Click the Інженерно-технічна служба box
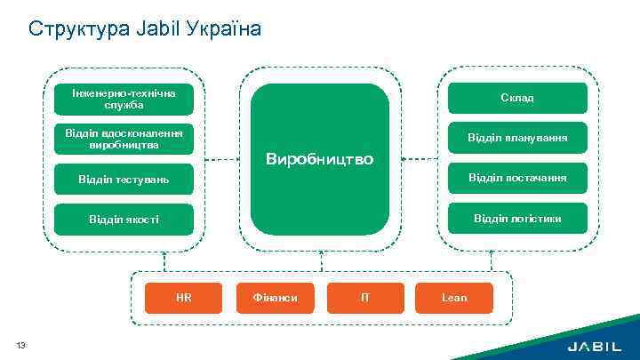click(x=124, y=99)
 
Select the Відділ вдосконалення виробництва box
click(x=124, y=138)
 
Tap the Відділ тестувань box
click(x=124, y=180)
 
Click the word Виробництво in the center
click(x=320, y=160)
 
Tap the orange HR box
click(x=184, y=298)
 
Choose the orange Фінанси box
click(x=275, y=298)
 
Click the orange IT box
click(x=365, y=298)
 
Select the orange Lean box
click(x=454, y=298)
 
